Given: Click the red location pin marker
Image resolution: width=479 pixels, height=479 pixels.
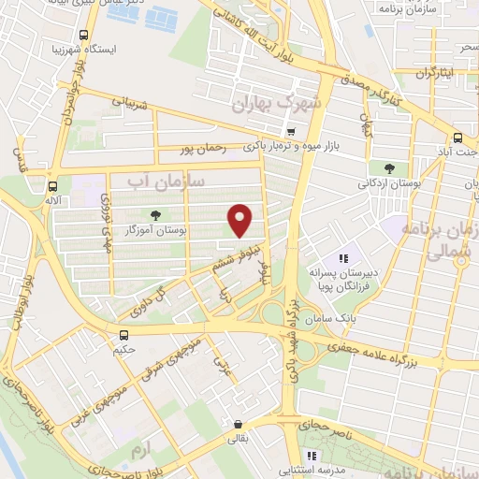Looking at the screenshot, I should point(240,220).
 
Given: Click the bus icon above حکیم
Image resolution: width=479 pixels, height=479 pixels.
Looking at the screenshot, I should point(124,333).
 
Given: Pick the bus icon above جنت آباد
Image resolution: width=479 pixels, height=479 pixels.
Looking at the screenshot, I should point(458,134).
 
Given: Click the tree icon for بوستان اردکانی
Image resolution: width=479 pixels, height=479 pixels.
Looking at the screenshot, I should point(387,168).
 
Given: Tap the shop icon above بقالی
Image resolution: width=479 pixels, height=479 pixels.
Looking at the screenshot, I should point(239,423).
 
